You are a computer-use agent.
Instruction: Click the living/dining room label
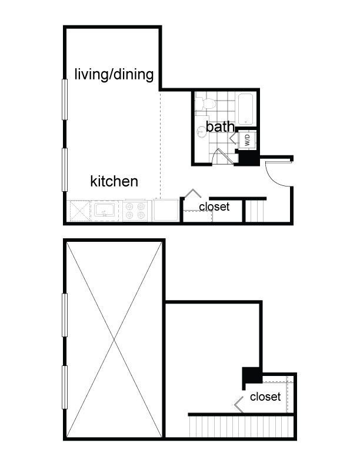[x=114, y=74]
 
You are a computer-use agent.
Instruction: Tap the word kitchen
[x=114, y=181]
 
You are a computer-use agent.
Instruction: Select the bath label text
[x=220, y=127]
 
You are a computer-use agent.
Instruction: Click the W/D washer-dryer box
[x=248, y=139]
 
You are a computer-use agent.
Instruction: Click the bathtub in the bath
[x=246, y=109]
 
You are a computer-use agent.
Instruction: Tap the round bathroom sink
[x=201, y=132]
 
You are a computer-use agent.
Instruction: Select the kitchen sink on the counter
[x=104, y=211]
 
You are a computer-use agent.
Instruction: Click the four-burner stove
[x=135, y=211]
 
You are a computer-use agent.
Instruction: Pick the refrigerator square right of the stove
[x=165, y=210]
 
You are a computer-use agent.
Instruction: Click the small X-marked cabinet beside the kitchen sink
[x=80, y=211]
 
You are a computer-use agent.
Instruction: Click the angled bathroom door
[x=225, y=156]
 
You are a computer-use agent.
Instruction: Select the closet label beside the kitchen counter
[x=214, y=207]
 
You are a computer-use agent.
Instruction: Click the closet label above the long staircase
[x=265, y=397]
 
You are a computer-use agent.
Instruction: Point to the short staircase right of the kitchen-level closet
[x=255, y=211]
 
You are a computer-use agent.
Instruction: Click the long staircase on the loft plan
[x=242, y=427]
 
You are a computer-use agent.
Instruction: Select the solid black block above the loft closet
[x=252, y=375]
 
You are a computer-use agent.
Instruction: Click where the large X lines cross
[x=114, y=339]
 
